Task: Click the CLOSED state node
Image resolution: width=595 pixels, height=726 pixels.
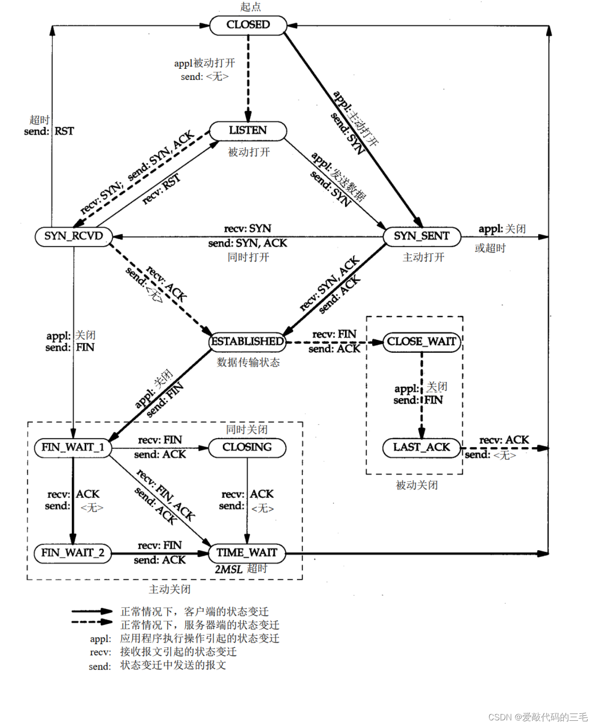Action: pyautogui.click(x=248, y=25)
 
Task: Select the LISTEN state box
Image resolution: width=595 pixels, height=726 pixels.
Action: pyautogui.click(x=248, y=131)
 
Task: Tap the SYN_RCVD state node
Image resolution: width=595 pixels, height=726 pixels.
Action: pyautogui.click(x=73, y=236)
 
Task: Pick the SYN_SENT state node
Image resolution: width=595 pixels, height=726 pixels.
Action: pyautogui.click(x=422, y=236)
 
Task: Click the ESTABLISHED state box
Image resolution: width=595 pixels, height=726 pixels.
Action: pyautogui.click(x=247, y=341)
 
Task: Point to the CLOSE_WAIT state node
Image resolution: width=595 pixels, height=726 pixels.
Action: pyautogui.click(x=422, y=341)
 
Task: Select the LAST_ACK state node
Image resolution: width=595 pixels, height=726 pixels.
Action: pyautogui.click(x=422, y=447)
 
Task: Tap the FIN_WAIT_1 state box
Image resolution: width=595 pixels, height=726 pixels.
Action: pyautogui.click(x=73, y=447)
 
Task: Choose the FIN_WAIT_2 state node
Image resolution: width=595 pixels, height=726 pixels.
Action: pyautogui.click(x=73, y=552)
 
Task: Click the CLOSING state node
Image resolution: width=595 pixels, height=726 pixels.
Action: pyautogui.click(x=247, y=447)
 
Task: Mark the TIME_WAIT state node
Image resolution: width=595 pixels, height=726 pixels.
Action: pyautogui.click(x=247, y=552)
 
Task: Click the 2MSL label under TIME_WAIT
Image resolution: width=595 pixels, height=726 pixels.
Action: pyautogui.click(x=228, y=569)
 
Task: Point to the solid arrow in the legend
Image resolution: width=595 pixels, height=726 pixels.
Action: pyautogui.click(x=92, y=611)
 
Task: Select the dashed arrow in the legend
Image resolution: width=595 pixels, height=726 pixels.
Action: pyautogui.click(x=92, y=622)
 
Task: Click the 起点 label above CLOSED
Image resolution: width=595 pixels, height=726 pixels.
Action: pyautogui.click(x=250, y=7)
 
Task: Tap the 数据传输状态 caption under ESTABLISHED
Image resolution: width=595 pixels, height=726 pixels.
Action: pyautogui.click(x=248, y=363)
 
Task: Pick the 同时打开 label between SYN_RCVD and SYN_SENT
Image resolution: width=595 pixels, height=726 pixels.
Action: pyautogui.click(x=248, y=257)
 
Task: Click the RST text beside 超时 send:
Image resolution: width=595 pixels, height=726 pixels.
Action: pyautogui.click(x=64, y=131)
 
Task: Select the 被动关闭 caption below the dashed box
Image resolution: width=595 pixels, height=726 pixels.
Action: pyautogui.click(x=416, y=485)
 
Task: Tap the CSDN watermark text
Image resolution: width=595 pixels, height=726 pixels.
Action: pyautogui.click(x=538, y=717)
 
